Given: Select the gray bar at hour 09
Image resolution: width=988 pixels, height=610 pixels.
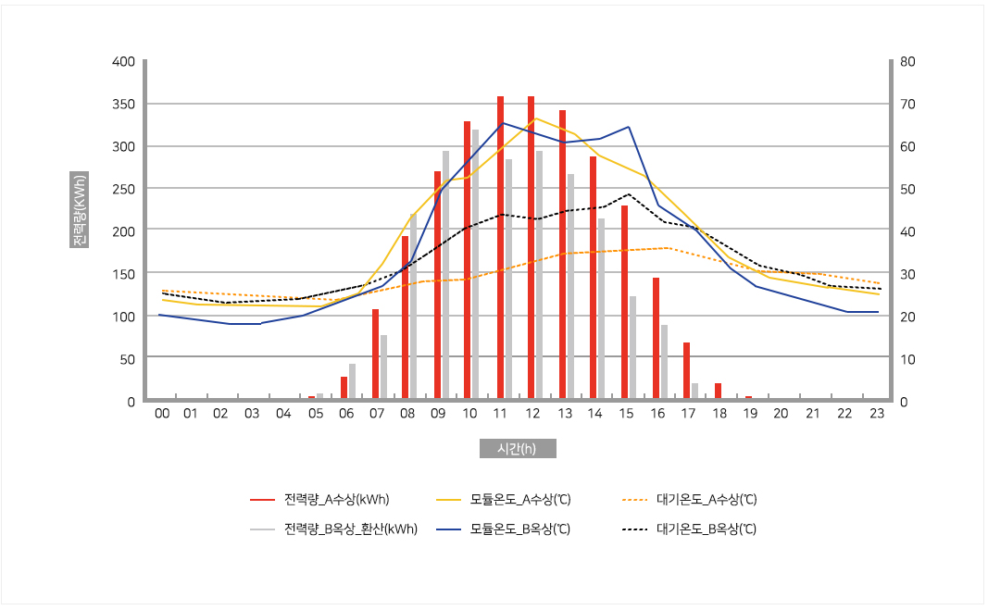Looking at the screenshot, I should point(445,276).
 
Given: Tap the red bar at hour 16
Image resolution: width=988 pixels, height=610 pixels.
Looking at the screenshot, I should point(656,339).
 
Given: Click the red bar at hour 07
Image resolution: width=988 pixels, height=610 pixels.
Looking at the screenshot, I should point(375,355).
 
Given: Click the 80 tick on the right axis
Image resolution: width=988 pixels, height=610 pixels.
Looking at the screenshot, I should point(907,62).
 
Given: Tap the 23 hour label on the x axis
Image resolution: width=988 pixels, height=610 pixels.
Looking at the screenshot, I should point(876,414).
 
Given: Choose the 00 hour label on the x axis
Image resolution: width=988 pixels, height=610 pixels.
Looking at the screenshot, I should point(162,414).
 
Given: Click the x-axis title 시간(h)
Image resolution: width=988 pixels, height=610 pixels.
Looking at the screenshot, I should point(518,449).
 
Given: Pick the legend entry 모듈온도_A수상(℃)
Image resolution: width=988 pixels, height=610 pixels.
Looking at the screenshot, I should point(519,500).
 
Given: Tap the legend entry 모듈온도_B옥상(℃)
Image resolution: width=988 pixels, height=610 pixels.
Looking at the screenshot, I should point(519,529).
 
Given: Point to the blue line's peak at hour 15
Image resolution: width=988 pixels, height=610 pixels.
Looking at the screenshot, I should point(628,127).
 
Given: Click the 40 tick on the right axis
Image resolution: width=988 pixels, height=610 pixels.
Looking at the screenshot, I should point(907,231).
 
